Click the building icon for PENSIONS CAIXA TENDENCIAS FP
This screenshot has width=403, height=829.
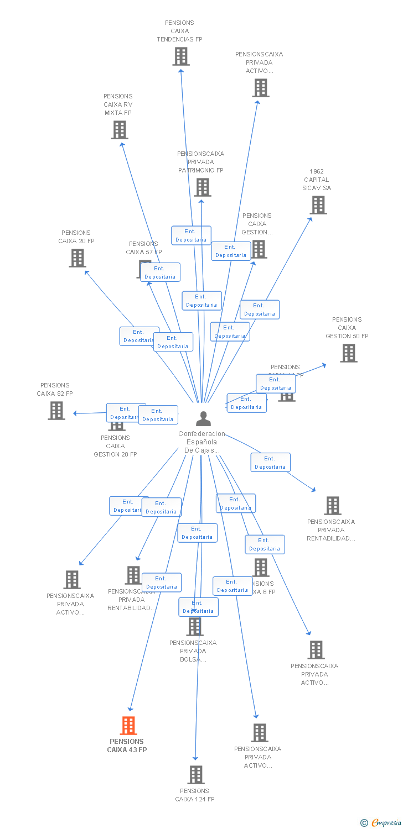coord(181,56)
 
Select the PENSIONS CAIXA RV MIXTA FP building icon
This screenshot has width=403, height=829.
coord(120,130)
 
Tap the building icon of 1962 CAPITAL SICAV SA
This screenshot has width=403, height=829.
coord(318,205)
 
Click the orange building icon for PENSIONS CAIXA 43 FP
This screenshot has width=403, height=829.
coord(128,725)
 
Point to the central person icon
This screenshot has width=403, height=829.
coord(203,419)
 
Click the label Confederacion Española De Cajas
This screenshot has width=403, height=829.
coord(201,442)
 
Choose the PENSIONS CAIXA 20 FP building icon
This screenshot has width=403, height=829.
coord(77,258)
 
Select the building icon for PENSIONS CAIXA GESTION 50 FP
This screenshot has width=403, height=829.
coord(348,353)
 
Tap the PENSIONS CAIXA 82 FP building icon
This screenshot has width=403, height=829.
coord(56,411)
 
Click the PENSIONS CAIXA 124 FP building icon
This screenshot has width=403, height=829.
coord(195,775)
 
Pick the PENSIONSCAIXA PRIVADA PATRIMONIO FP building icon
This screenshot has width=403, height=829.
coord(202,187)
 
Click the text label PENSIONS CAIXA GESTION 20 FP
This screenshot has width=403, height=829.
coord(115,446)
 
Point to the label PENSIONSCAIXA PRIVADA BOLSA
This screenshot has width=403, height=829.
coord(193,651)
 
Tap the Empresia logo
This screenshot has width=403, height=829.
coord(386,822)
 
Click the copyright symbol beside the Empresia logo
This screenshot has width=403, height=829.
coord(364,823)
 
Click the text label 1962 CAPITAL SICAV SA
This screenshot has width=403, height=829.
coord(317,180)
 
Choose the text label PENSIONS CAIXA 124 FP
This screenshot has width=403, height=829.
coord(195,795)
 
